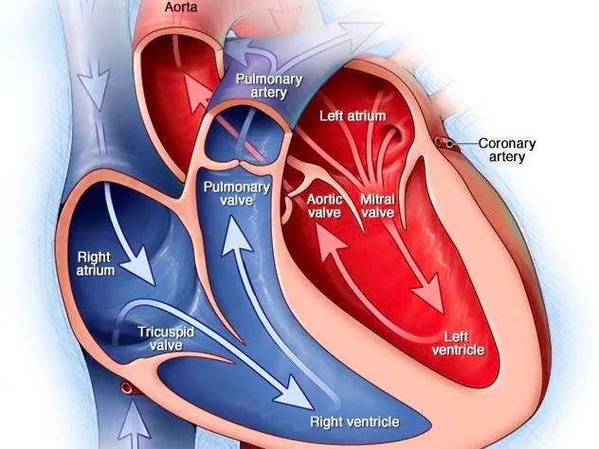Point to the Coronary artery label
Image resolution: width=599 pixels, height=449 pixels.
click(507, 150)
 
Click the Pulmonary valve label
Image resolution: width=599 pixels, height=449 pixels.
click(236, 194)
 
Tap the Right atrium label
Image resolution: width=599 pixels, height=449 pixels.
click(96, 262)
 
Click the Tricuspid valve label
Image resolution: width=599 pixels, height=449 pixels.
click(167, 337)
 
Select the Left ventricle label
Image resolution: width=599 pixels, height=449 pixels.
click(459, 343)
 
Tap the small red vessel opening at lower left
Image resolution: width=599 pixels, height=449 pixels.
click(123, 387)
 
